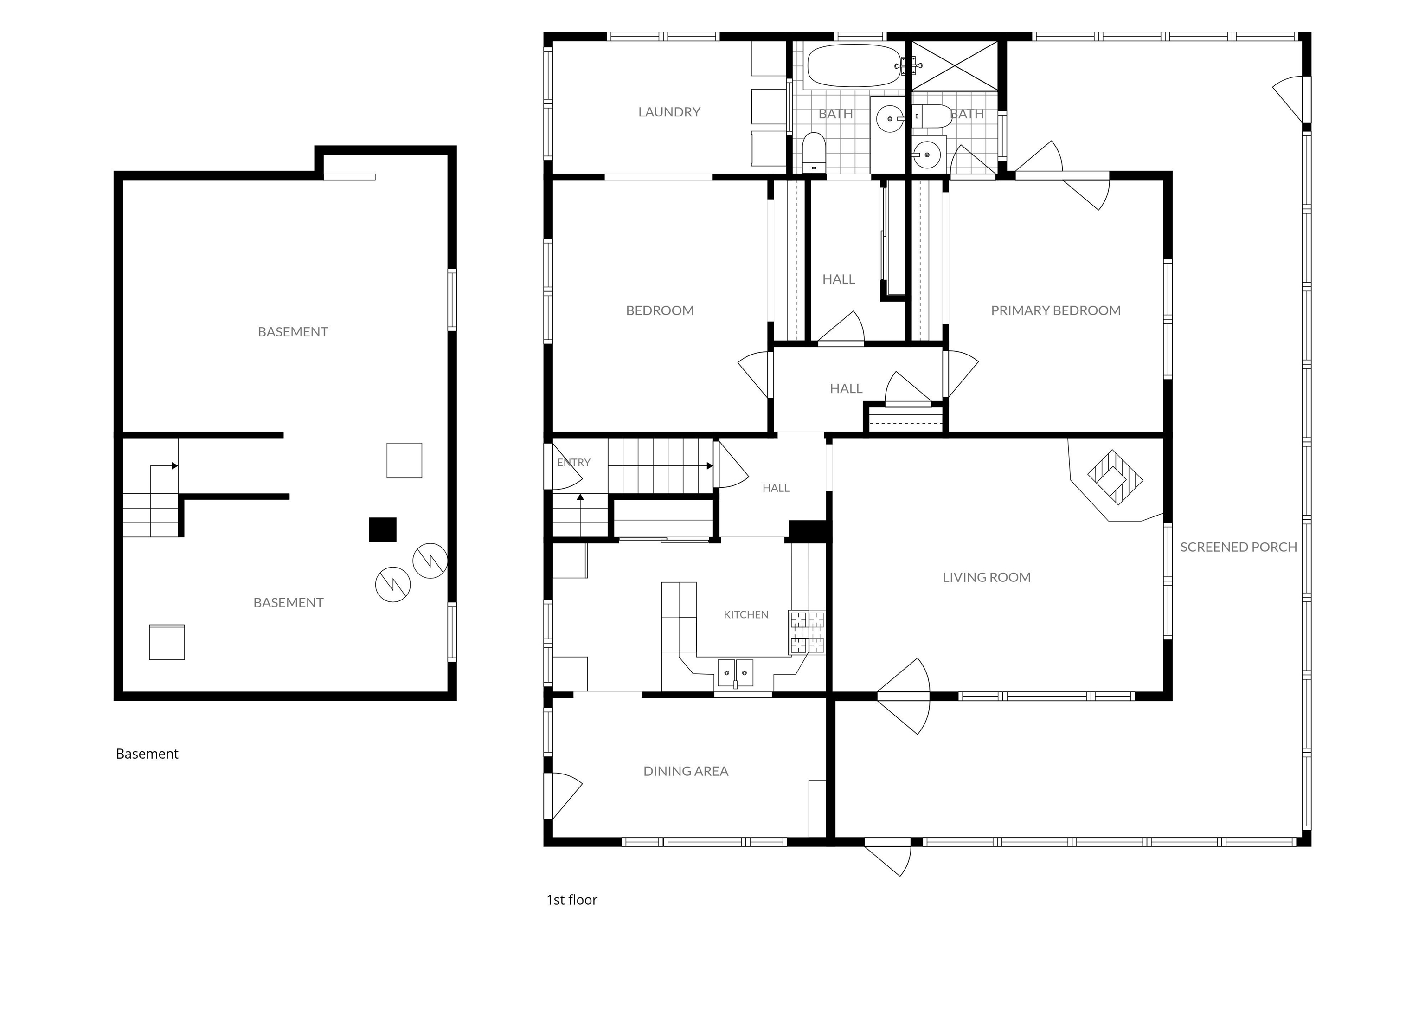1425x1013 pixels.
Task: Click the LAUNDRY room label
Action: pos(669,112)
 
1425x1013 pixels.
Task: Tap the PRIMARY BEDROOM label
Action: pos(1055,310)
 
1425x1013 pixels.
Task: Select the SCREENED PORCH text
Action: pos(1238,547)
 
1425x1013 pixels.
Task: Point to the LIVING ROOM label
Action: pos(986,578)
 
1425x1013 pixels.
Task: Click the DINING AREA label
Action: pos(686,772)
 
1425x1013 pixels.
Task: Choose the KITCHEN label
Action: pos(745,615)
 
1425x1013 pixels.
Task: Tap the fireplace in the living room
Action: pos(1115,479)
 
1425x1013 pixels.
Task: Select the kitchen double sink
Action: pos(736,673)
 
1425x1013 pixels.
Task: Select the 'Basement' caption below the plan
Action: pos(147,754)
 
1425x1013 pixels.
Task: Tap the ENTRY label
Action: pos(573,463)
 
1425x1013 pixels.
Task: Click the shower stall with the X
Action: pos(955,66)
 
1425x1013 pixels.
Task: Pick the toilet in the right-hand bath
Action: pos(933,116)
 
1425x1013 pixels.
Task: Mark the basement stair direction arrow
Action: pos(164,466)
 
